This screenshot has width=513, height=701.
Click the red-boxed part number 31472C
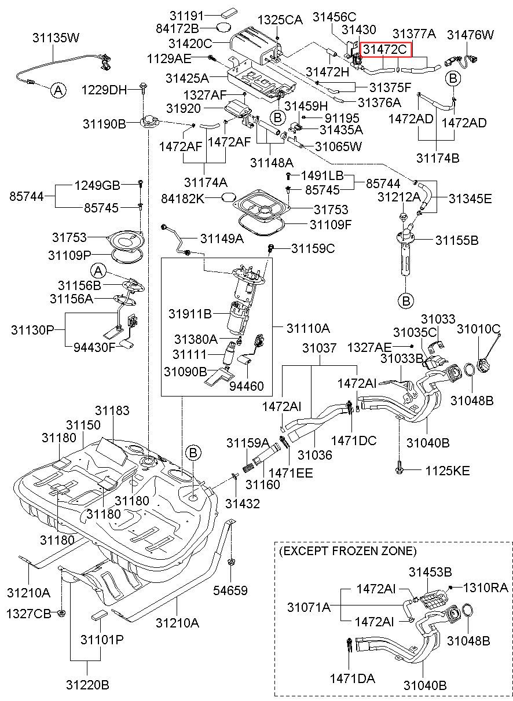point(385,50)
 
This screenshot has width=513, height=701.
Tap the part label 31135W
point(56,38)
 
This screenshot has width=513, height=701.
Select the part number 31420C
point(190,43)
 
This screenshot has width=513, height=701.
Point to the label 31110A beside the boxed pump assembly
point(308,328)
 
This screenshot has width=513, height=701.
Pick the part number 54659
point(230,590)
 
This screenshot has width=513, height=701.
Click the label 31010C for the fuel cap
point(479,329)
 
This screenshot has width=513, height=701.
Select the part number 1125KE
point(448,471)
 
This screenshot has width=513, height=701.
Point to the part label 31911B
point(190,314)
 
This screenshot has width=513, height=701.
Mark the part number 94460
point(247,386)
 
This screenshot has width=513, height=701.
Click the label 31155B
point(457,240)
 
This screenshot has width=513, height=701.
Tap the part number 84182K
point(183,199)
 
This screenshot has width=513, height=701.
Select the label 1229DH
point(104,90)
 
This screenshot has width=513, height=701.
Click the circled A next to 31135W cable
point(58,91)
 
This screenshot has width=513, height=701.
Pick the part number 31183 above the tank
point(112,410)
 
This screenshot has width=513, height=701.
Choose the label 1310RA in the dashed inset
point(485,588)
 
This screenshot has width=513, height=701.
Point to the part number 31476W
point(470,35)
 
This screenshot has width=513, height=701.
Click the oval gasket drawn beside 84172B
point(224,28)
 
